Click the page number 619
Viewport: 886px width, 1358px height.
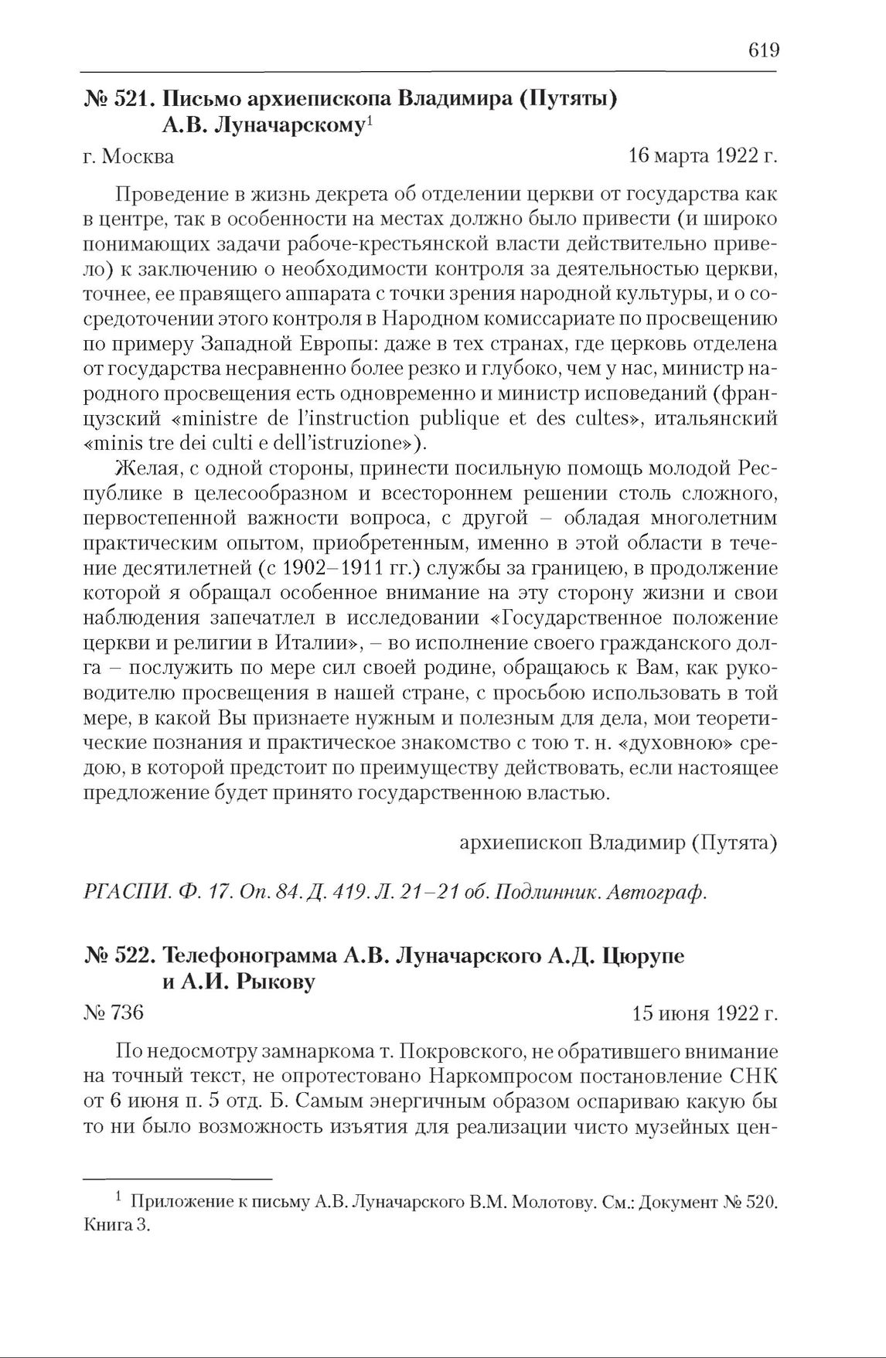coord(763,51)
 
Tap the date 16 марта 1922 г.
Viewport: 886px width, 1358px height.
coord(703,156)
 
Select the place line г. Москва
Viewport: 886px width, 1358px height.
coord(128,157)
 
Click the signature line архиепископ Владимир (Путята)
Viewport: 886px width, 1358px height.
coord(618,842)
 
